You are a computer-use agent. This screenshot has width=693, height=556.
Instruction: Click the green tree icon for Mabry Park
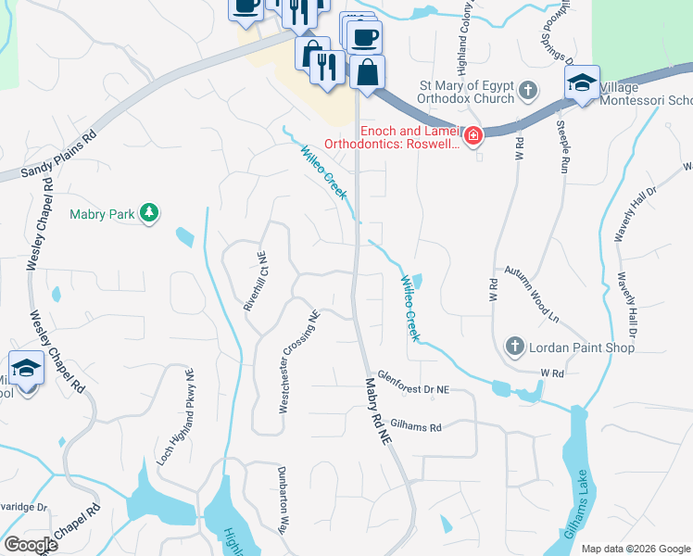[x=148, y=214]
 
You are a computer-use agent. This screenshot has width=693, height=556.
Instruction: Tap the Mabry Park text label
[x=102, y=214]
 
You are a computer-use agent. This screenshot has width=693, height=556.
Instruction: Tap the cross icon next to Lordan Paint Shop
[x=515, y=347]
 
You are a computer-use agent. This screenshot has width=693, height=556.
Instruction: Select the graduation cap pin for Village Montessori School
[x=583, y=83]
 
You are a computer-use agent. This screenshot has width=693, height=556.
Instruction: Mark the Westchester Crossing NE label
[x=299, y=362]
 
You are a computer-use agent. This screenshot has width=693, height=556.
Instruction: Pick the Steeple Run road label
[x=561, y=147]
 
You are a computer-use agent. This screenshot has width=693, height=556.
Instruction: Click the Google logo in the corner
[x=31, y=545]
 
